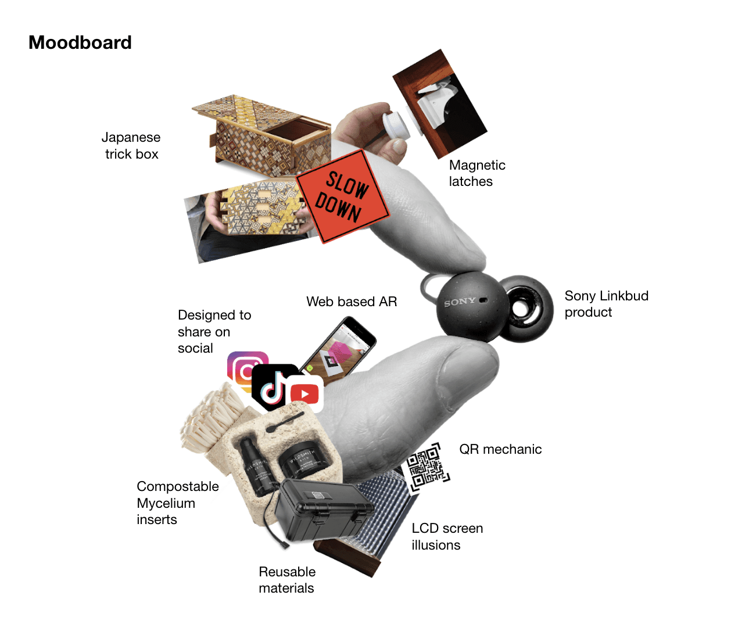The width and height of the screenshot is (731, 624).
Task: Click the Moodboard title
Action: [80, 42]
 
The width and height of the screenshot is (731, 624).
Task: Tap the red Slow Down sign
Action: [342, 196]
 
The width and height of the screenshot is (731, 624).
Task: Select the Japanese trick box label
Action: [131, 146]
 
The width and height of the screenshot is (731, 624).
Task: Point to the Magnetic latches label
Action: [476, 173]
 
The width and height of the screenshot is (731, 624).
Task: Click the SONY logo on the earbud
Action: [460, 302]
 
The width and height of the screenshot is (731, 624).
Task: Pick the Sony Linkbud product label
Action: [606, 304]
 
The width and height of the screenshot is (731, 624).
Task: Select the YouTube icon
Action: [304, 395]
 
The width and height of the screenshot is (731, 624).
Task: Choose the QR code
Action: [427, 467]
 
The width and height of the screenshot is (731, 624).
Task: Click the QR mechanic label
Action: [500, 449]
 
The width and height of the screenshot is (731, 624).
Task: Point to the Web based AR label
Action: [352, 302]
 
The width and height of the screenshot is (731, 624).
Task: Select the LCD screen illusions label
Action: [447, 536]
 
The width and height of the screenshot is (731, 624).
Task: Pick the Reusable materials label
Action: [287, 580]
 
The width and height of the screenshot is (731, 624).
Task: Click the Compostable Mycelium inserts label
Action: [177, 503]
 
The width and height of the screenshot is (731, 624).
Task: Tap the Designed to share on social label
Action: [214, 332]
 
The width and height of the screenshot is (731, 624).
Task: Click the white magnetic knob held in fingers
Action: [396, 124]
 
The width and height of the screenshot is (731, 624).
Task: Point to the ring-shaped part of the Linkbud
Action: [526, 308]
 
